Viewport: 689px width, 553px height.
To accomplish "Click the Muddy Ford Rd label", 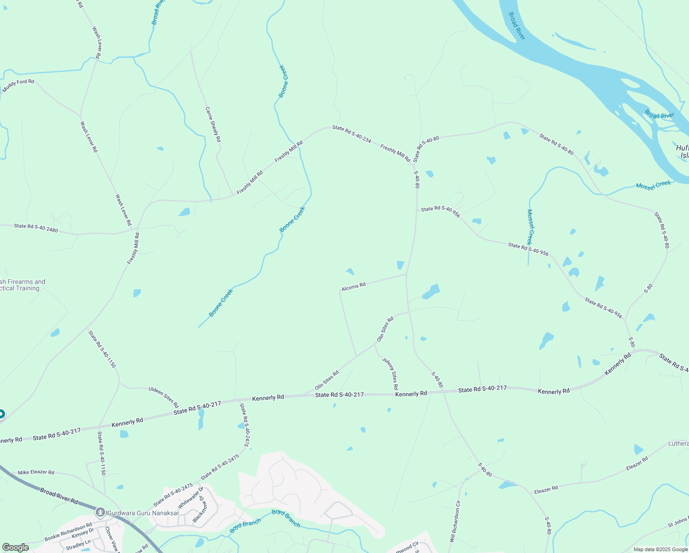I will [x=18, y=85].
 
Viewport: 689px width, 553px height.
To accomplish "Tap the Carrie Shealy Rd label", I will [x=213, y=124].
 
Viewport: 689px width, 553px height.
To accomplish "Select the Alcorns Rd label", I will [x=354, y=287].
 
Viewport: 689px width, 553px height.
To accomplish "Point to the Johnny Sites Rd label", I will [x=390, y=374].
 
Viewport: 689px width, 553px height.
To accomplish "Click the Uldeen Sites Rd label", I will [x=163, y=397].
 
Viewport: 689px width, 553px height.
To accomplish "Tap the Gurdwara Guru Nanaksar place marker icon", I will [x=100, y=512].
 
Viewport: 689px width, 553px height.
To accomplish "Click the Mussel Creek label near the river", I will [x=654, y=185].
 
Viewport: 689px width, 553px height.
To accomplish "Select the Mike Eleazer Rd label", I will [x=36, y=472].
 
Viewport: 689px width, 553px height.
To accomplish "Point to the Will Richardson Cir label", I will [x=455, y=521].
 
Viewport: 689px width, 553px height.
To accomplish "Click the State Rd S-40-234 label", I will [x=352, y=134].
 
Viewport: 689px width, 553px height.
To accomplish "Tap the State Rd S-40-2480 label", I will [x=36, y=228].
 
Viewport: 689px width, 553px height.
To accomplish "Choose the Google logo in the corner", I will [x=15, y=547].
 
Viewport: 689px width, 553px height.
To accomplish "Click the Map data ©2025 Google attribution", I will [x=660, y=549].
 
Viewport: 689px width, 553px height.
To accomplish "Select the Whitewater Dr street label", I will [x=190, y=498].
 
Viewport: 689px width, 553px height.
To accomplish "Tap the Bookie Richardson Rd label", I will [x=68, y=532].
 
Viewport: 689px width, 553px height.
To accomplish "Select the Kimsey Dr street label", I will [x=83, y=535].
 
